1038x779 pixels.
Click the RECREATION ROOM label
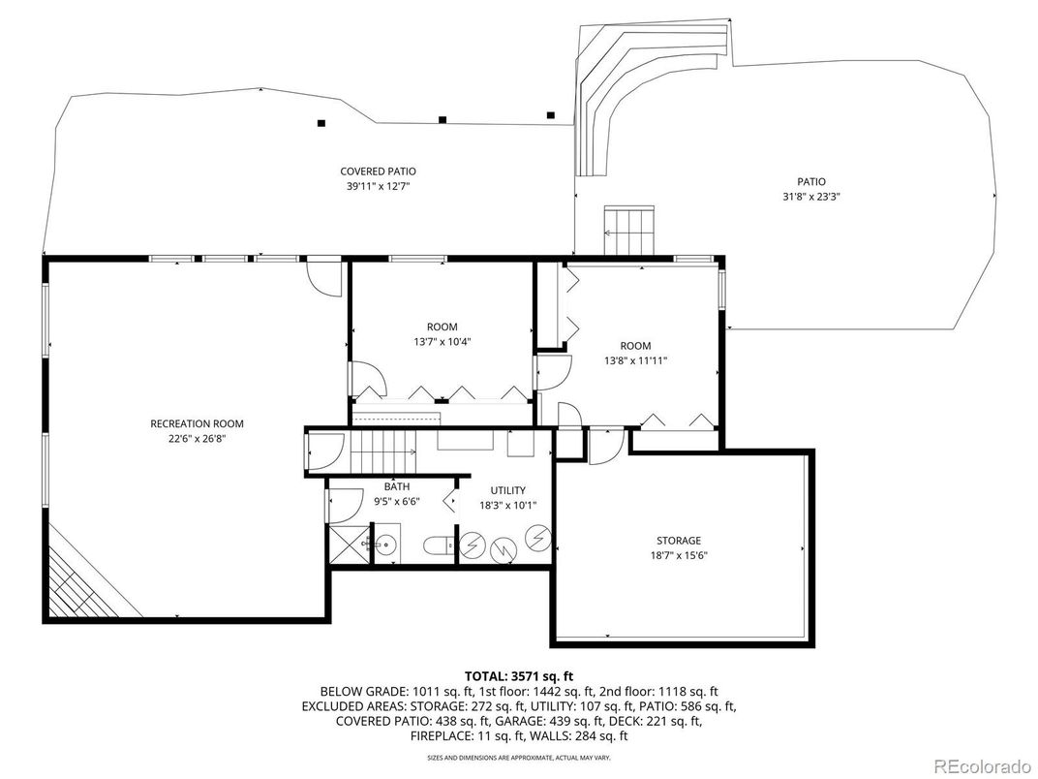[197, 423]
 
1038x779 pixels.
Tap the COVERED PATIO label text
[378, 171]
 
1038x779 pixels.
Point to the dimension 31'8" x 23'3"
[810, 196]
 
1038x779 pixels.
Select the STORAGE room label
[678, 541]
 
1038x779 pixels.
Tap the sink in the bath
[385, 544]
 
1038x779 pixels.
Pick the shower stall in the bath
[347, 545]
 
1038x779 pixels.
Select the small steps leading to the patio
[630, 230]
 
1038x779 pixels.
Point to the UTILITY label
[507, 491]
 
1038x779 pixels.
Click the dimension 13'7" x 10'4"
[442, 341]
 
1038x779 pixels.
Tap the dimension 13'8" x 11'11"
[635, 360]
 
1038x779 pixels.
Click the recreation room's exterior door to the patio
[322, 277]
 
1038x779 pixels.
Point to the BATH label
[397, 486]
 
